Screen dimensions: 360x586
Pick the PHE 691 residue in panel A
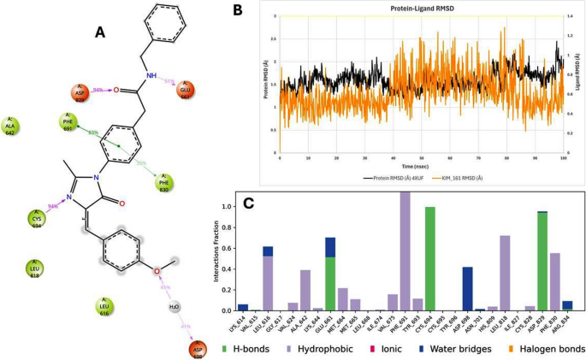tap(70, 123)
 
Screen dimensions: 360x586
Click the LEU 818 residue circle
tap(34, 270)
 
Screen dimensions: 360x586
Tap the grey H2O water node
tap(174, 307)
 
